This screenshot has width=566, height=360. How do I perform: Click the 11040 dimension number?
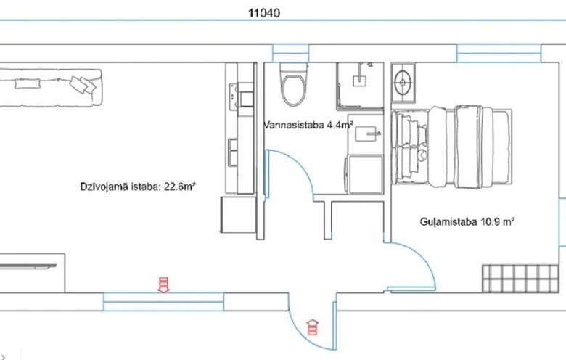(x=264, y=13)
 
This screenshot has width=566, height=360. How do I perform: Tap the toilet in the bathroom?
(x=293, y=85)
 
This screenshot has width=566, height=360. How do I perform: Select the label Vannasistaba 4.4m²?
(x=308, y=126)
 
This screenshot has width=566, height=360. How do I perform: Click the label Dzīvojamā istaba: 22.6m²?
(x=138, y=187)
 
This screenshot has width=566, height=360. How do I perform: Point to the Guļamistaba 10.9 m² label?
(x=467, y=221)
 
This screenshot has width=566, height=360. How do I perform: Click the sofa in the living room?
(x=51, y=88)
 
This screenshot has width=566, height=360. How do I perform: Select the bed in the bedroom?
(x=452, y=147)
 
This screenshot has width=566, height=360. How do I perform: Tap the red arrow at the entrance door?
(x=313, y=327)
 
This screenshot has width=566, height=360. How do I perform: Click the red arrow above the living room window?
(x=163, y=285)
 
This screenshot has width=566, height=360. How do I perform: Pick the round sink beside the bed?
(x=403, y=83)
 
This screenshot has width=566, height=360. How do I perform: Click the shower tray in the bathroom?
(x=360, y=86)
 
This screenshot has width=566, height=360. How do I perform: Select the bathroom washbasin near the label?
(x=367, y=134)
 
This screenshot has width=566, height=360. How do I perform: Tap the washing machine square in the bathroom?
(x=364, y=174)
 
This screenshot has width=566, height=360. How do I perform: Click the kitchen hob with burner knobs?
(x=234, y=96)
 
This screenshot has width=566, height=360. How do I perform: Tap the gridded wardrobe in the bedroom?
(x=520, y=279)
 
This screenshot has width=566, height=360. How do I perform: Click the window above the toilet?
(x=290, y=53)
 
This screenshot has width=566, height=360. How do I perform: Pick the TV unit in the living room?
(x=32, y=273)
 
